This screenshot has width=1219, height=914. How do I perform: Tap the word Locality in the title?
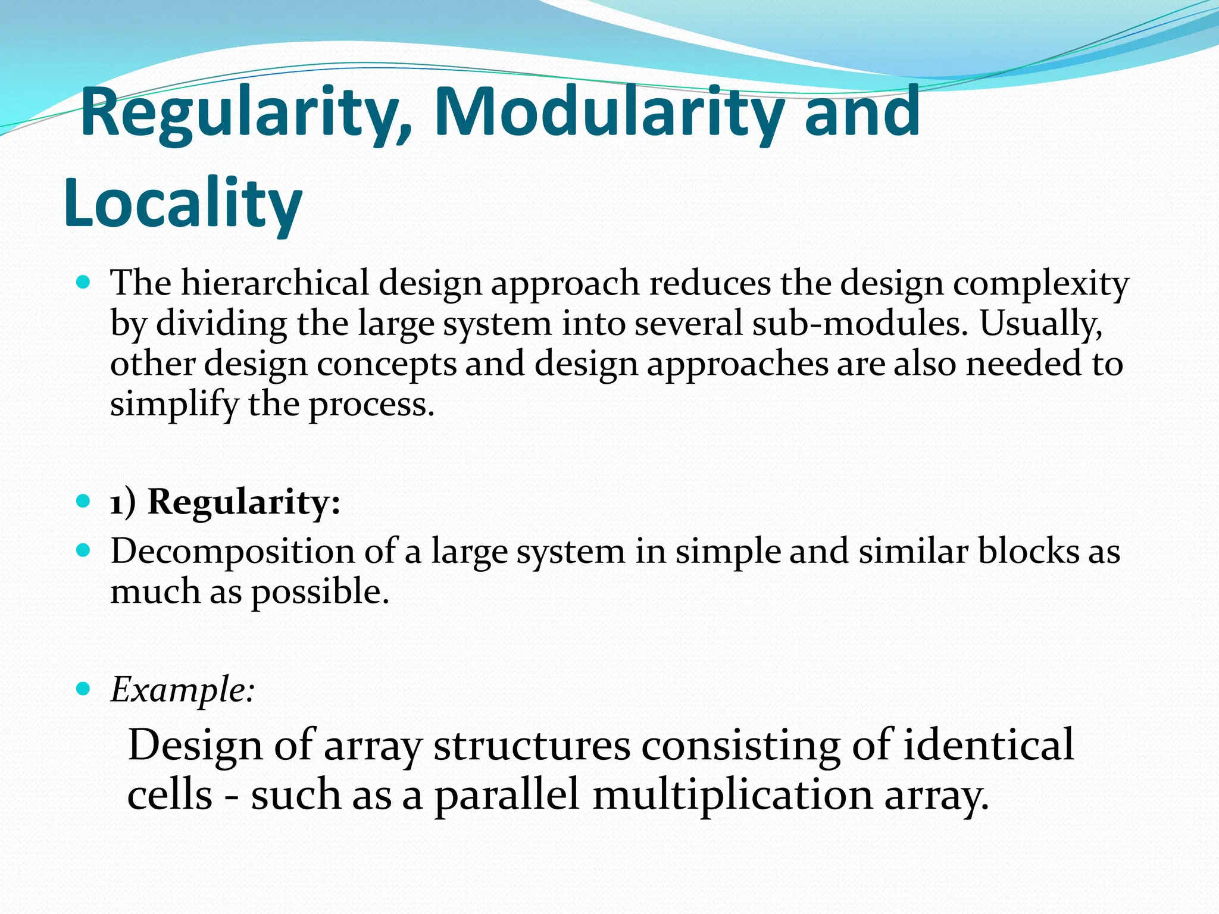pos(183,204)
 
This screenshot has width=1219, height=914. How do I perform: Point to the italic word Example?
pos(183,690)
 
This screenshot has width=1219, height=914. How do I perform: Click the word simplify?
pos(174,405)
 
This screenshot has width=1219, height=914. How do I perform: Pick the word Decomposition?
pos(233,552)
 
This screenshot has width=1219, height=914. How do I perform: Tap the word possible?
pos(320,593)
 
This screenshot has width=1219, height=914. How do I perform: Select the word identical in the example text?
pos(988,744)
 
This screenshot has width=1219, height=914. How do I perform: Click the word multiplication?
pos(733,795)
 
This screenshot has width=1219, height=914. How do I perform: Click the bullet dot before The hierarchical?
pos(83,282)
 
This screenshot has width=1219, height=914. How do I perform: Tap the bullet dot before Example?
pos(83,689)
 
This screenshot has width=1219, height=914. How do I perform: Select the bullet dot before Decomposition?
pos(83,550)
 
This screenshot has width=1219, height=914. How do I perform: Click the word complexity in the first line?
pos(1041,284)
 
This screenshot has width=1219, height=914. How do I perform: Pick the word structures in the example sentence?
pos(532,744)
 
